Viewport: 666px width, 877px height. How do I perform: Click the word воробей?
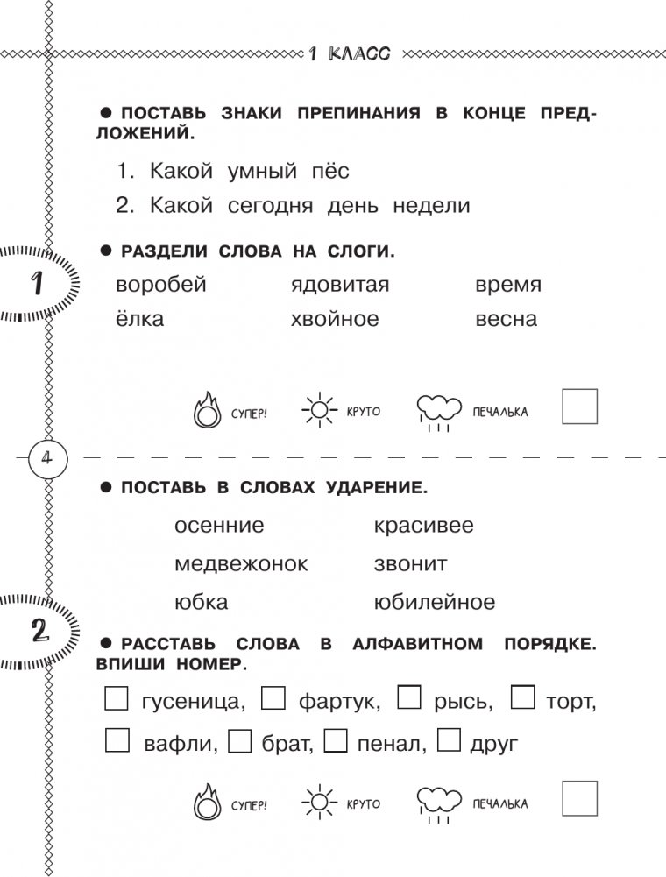pos(160,286)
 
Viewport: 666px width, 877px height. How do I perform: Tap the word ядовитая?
pos(339,286)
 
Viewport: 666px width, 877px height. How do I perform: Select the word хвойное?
pos(335,319)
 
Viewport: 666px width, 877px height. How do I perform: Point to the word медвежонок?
pos(241,564)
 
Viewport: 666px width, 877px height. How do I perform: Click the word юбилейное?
pos(434,603)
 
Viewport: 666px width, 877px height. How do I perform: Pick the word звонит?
pos(410,564)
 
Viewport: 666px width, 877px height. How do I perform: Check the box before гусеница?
pos(117,697)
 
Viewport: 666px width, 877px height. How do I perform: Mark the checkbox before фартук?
pos(274,697)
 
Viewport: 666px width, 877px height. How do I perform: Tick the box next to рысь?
pos(410,697)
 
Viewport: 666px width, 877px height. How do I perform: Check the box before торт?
pos(523,697)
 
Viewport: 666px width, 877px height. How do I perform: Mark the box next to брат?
pos(239,741)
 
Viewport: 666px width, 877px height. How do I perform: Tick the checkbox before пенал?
pos(337,741)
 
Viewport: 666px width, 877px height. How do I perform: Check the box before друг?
pos(449,741)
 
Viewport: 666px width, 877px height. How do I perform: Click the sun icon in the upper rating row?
pos(318,409)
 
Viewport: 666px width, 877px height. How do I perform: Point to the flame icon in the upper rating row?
pos(207,409)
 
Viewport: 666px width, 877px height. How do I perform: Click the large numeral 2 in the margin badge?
pos(39,632)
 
